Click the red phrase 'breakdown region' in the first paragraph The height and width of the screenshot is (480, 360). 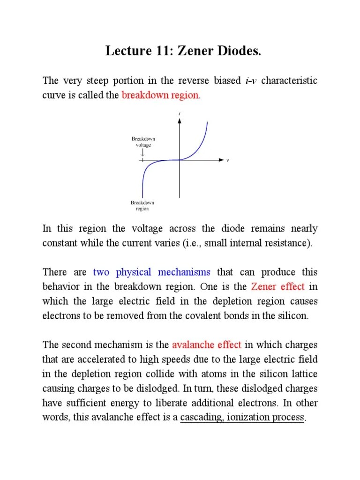(160, 95)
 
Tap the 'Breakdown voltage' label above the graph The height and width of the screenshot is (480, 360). (143, 142)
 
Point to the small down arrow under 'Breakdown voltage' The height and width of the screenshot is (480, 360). (142, 153)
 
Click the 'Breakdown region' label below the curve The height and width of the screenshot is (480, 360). (142, 205)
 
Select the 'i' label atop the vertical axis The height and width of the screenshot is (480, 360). (180, 114)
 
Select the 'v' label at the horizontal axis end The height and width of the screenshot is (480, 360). (227, 160)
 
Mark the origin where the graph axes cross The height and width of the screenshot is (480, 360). (180, 160)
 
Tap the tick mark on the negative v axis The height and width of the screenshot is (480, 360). (142, 160)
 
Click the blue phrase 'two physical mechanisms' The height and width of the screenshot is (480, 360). (152, 272)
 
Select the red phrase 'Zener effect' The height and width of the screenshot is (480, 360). (278, 286)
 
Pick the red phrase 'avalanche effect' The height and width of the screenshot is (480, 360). (207, 345)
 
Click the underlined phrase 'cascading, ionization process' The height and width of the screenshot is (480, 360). (242, 417)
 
